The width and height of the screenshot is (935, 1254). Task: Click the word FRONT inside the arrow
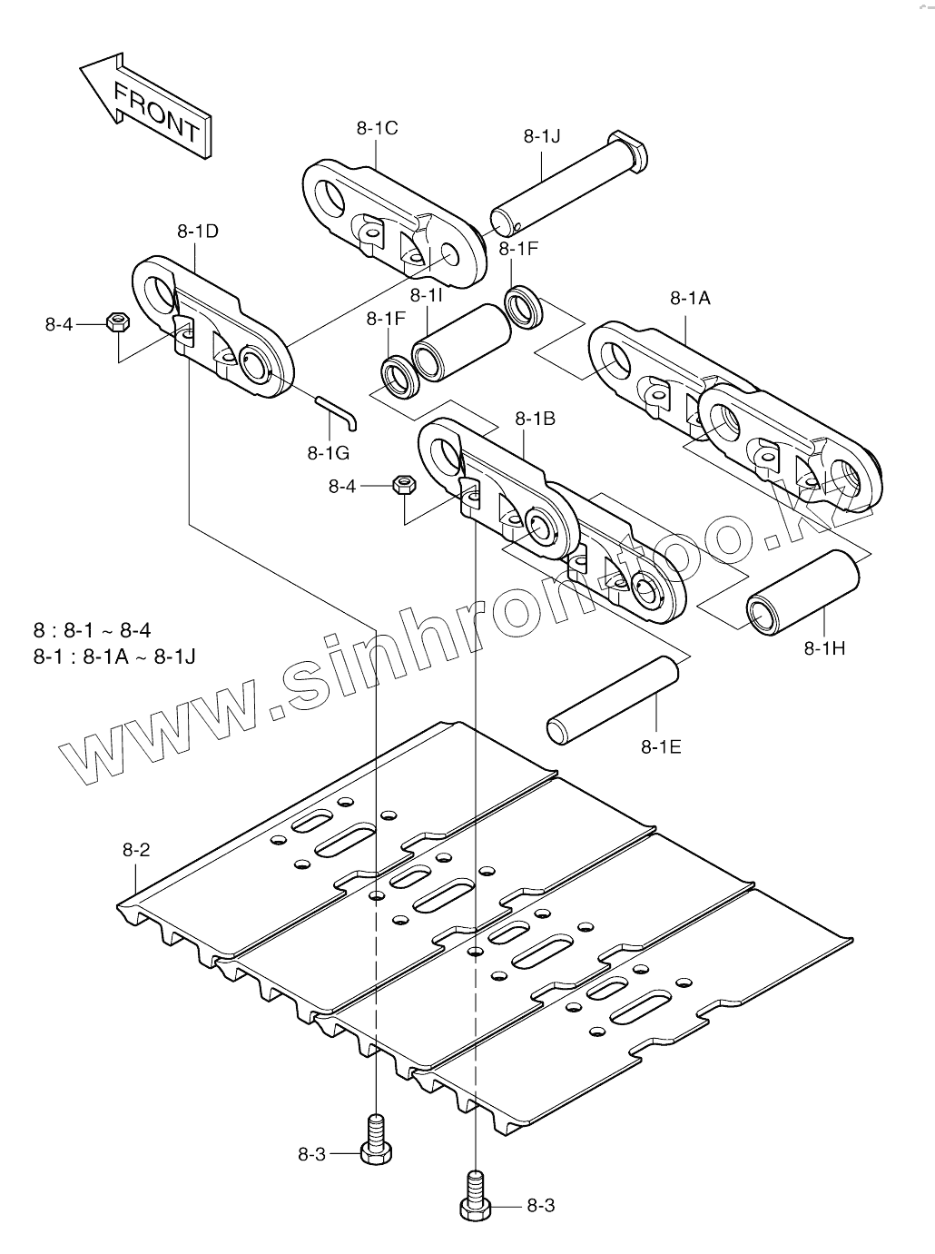click(156, 112)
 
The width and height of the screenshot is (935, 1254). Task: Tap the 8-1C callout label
click(377, 128)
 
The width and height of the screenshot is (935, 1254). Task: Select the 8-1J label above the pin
click(542, 136)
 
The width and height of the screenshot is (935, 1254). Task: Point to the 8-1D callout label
click(197, 232)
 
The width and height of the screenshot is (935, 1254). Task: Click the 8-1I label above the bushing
click(426, 295)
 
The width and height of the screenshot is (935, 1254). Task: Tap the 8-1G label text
click(328, 451)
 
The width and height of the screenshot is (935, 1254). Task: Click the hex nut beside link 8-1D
click(116, 321)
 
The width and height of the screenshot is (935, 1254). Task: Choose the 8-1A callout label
click(690, 297)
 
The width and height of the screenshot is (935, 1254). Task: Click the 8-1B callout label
click(535, 419)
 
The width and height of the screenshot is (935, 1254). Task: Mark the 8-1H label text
click(824, 647)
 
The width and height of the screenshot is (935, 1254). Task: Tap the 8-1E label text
click(661, 747)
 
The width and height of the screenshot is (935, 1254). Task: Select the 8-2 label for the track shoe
click(136, 851)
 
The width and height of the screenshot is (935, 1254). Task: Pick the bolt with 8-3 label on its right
click(475, 1196)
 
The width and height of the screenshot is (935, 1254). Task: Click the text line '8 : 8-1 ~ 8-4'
click(93, 631)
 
